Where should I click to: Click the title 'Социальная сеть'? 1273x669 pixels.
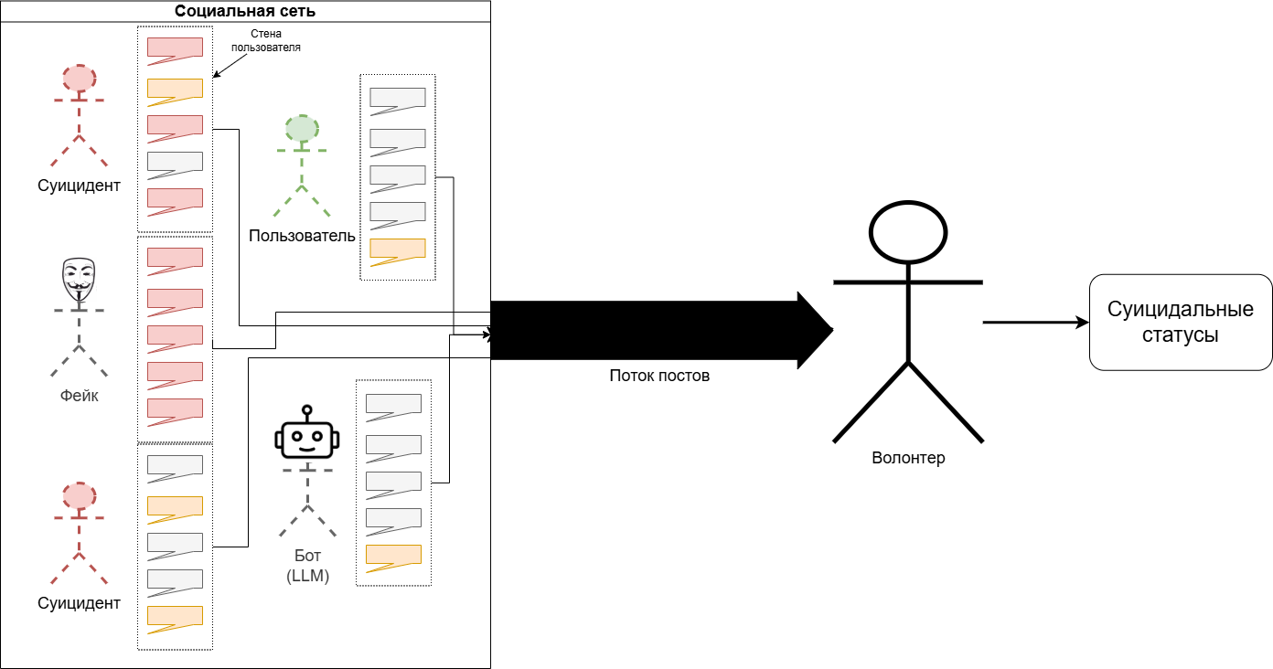pyautogui.click(x=245, y=12)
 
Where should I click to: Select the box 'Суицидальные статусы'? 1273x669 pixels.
pyautogui.click(x=1180, y=322)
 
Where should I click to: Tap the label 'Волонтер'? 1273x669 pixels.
pyautogui.click(x=908, y=458)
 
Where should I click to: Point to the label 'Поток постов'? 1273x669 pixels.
pyautogui.click(x=658, y=376)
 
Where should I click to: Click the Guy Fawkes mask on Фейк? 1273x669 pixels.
pyautogui.click(x=79, y=279)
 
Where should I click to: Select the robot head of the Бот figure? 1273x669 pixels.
pyautogui.click(x=307, y=439)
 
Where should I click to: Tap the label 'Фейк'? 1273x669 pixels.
pyautogui.click(x=79, y=396)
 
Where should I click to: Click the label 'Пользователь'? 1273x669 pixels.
pyautogui.click(x=302, y=236)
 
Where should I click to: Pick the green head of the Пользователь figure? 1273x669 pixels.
pyautogui.click(x=302, y=129)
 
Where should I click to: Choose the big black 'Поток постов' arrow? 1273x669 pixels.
pyautogui.click(x=658, y=329)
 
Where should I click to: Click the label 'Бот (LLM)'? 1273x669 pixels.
pyautogui.click(x=307, y=567)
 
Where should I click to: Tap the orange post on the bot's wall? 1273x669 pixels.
pyautogui.click(x=393, y=556)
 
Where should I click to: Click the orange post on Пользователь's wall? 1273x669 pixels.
pyautogui.click(x=397, y=250)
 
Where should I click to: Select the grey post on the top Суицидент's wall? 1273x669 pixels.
pyautogui.click(x=175, y=163)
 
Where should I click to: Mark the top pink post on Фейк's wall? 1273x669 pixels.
pyautogui.click(x=175, y=259)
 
